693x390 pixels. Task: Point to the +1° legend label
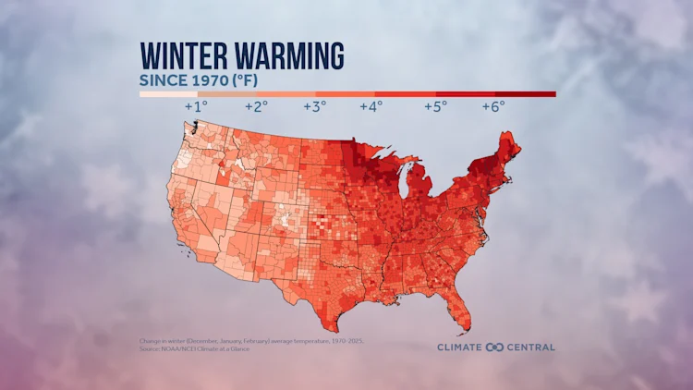click(x=196, y=106)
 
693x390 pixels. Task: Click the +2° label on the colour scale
click(x=256, y=106)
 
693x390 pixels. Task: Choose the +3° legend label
click(x=314, y=106)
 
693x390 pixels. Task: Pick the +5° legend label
click(x=435, y=106)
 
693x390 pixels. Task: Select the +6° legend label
click(x=493, y=106)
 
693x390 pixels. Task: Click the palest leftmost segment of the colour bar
click(x=168, y=93)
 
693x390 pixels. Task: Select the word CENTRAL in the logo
click(x=529, y=347)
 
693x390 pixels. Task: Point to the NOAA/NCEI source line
click(x=194, y=348)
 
